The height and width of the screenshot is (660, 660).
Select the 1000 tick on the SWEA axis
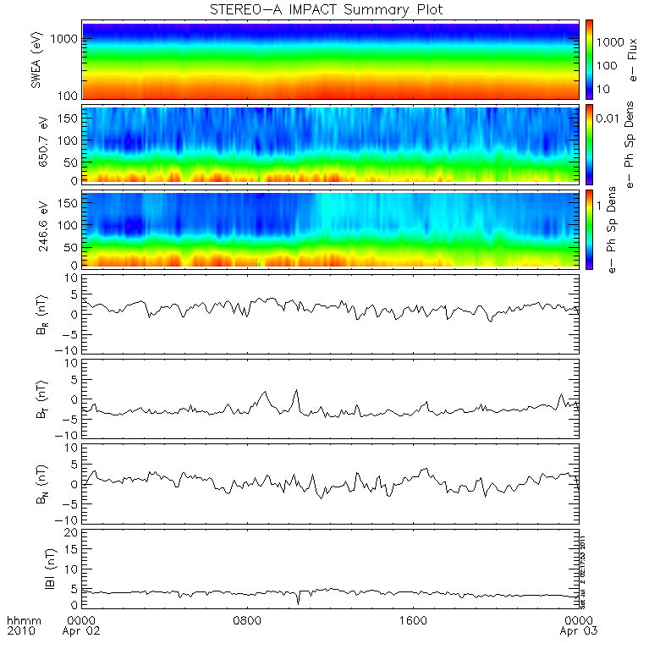[x=68, y=40]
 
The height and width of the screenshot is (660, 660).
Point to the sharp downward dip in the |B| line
[x=298, y=602]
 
